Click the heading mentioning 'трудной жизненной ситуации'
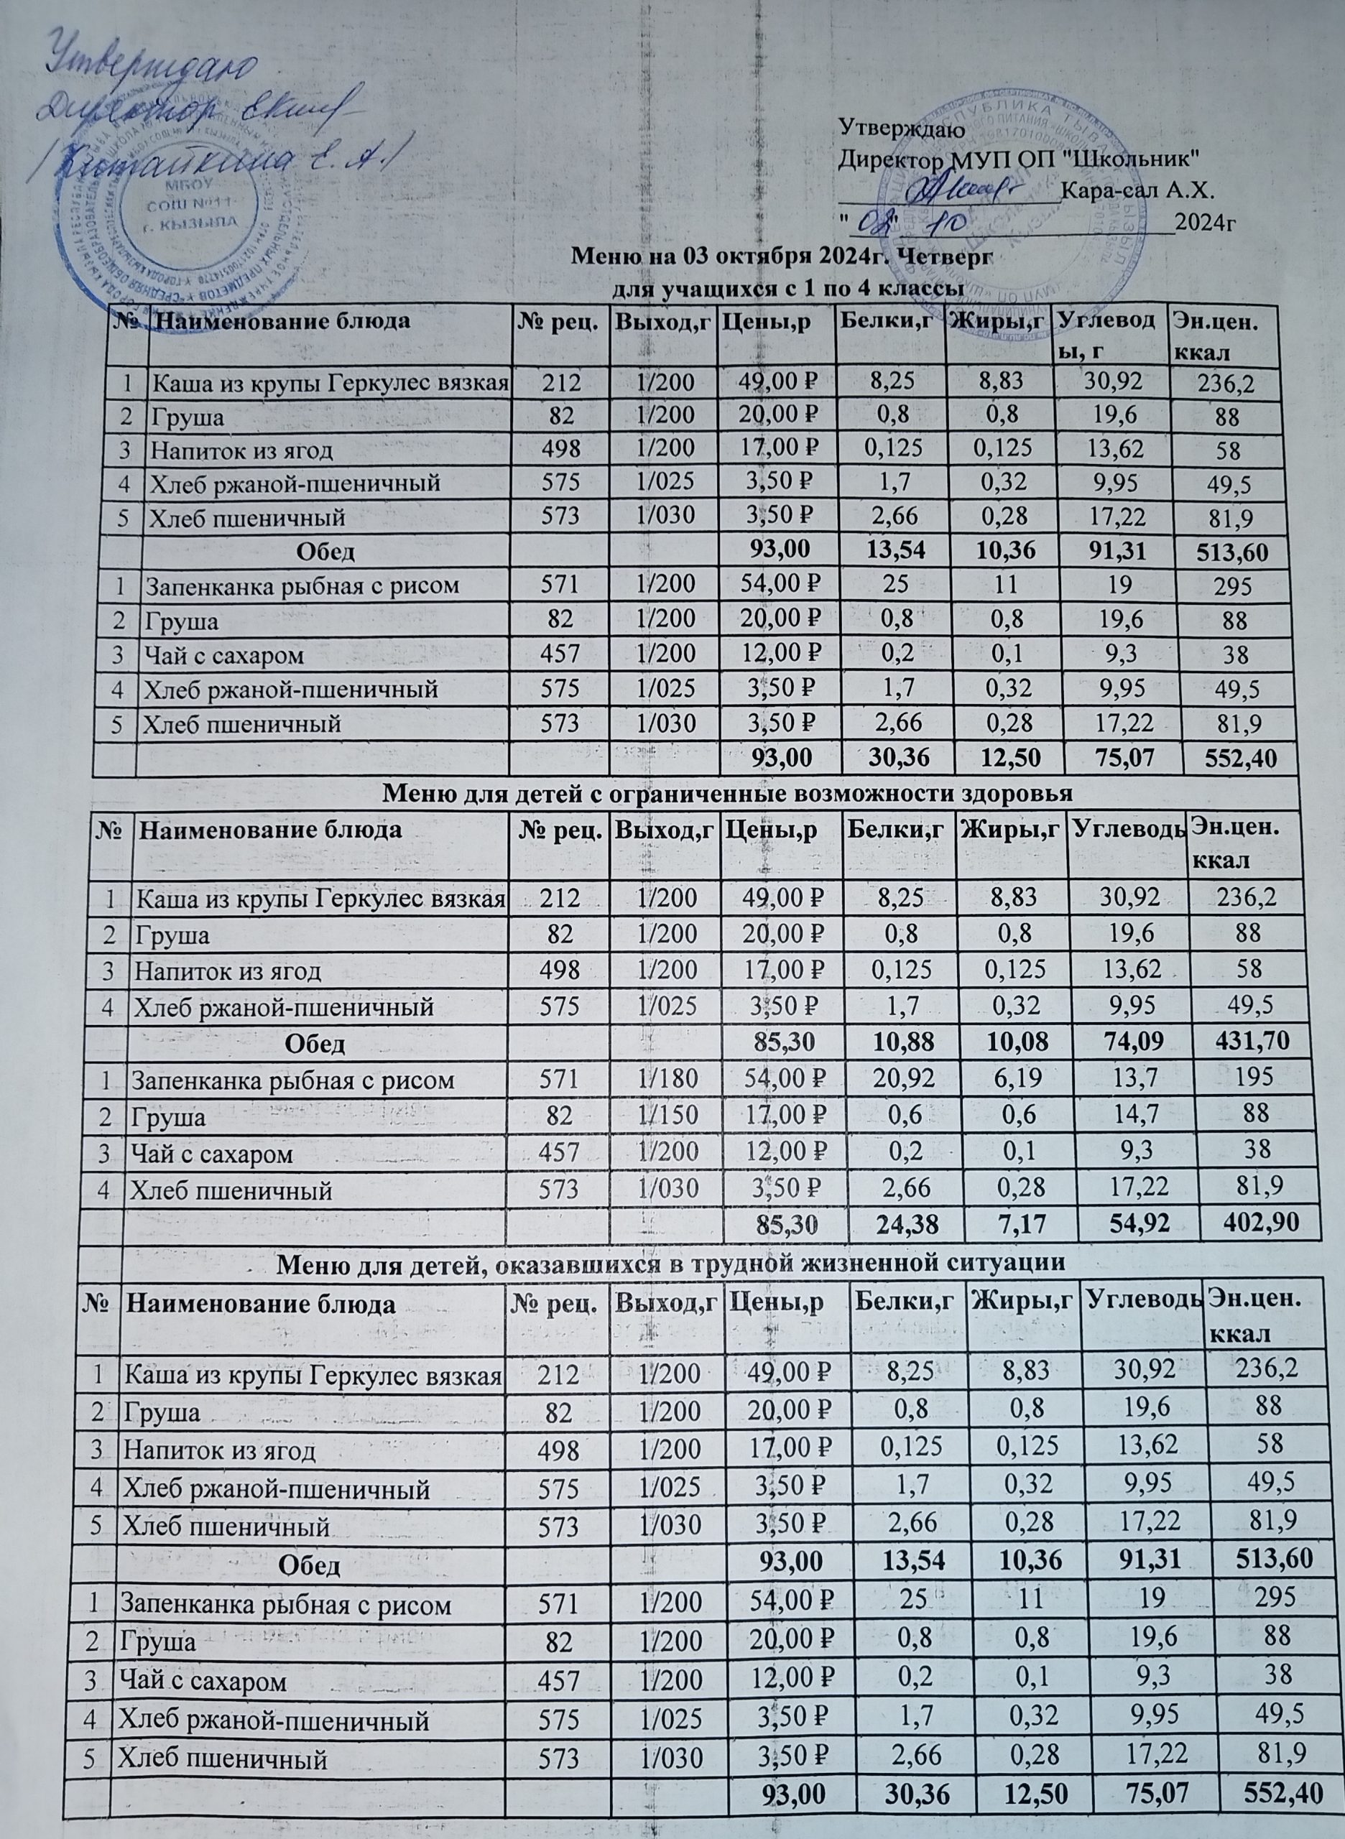click(672, 1285)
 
